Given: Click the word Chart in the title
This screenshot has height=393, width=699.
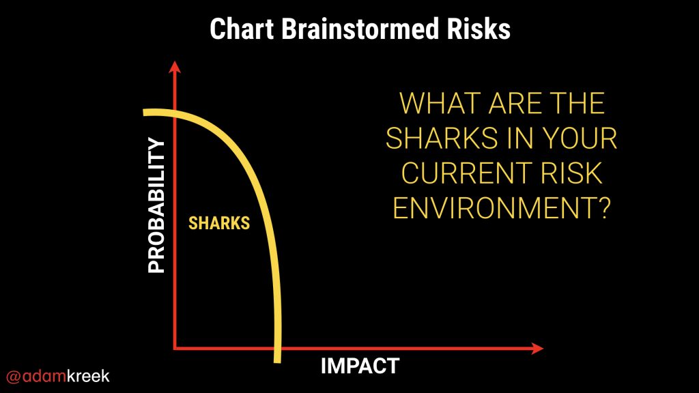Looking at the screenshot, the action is (242, 29).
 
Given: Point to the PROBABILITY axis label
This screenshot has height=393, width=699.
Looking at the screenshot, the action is (156, 205).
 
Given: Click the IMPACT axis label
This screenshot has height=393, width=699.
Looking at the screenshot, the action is (360, 366).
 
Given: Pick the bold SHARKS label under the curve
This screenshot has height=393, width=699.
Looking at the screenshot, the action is (219, 223).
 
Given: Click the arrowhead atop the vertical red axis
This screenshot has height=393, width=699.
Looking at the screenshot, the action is (175, 67).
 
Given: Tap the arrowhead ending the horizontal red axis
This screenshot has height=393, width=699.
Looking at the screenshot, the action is (538, 348).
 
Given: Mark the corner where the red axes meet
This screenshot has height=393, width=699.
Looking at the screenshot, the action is (175, 348).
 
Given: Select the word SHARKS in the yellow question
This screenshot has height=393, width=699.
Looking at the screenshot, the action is (442, 138).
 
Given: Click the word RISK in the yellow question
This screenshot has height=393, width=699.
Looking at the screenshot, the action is (572, 173).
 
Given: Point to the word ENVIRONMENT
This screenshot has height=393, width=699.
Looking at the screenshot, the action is (496, 207).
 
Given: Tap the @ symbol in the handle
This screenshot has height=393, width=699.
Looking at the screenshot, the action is (14, 377).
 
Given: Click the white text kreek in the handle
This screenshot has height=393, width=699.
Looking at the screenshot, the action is (88, 376).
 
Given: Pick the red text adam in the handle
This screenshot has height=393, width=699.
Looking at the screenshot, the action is (44, 376).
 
